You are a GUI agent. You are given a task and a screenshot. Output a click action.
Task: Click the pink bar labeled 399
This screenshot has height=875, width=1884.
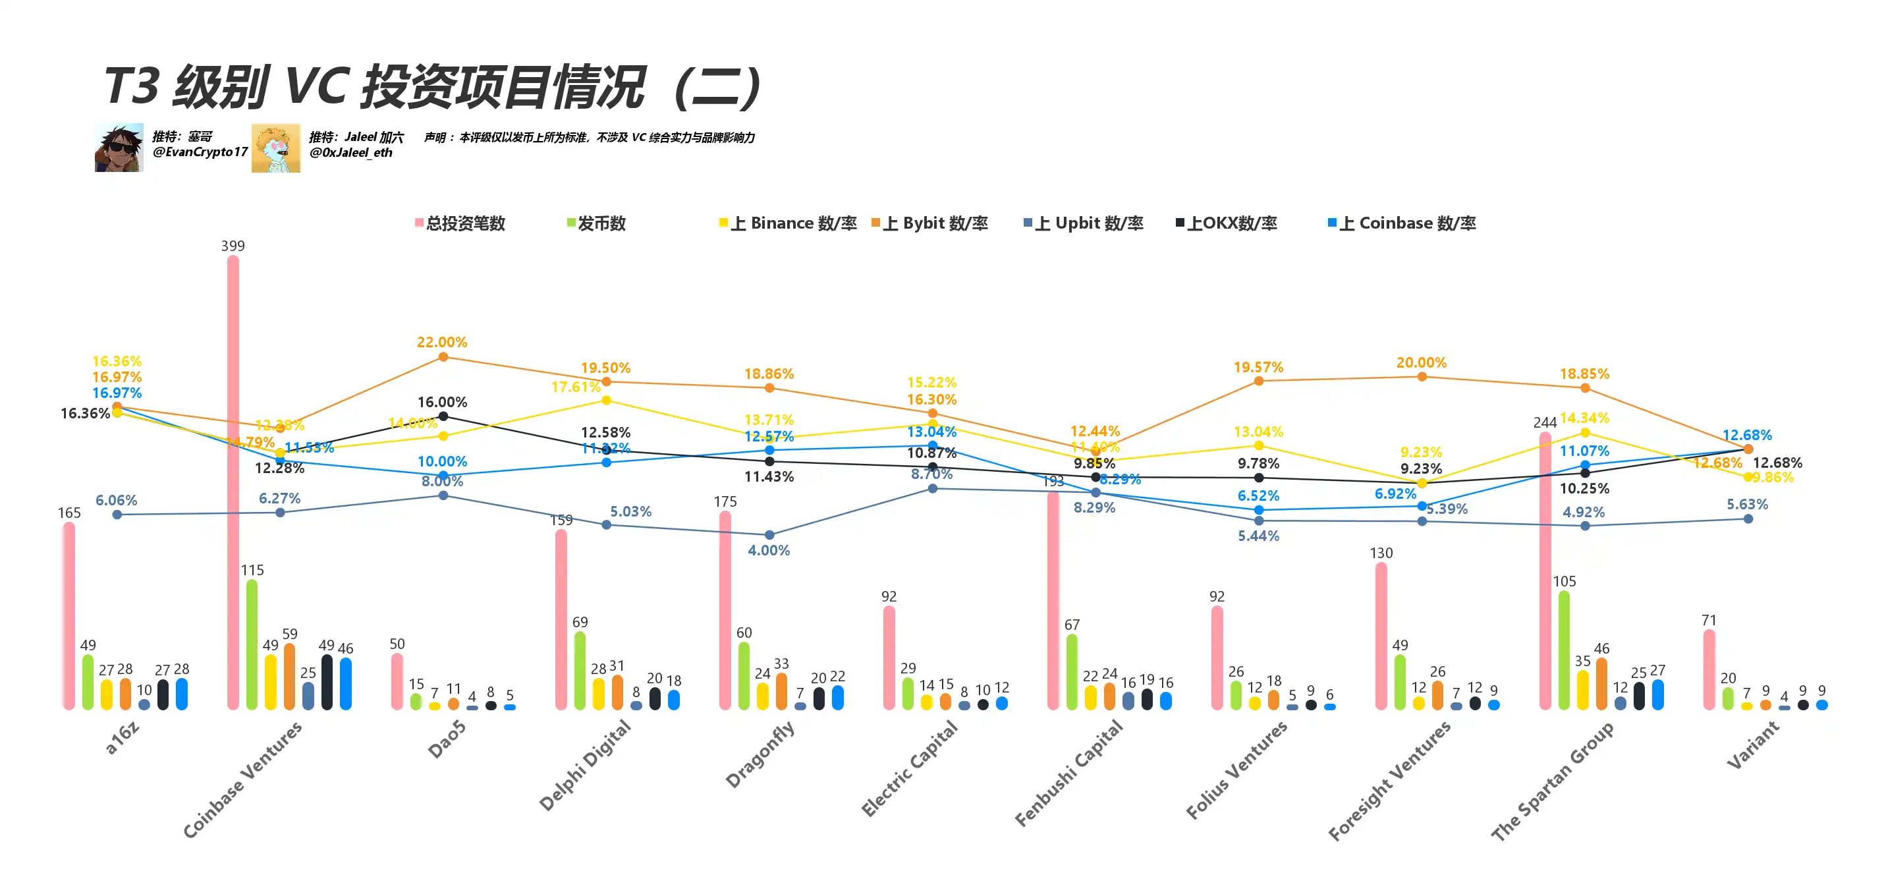point(233,483)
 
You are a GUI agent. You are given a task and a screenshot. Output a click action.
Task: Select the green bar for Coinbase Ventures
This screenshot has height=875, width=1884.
point(252,644)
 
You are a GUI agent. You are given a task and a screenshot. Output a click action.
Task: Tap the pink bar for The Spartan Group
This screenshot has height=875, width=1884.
point(1545,571)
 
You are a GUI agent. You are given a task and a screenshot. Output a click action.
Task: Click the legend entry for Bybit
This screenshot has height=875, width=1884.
point(929,223)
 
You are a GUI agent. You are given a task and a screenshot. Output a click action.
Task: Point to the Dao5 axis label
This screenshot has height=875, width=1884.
point(446,738)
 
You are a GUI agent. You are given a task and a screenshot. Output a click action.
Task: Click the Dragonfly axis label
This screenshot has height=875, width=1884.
point(760,754)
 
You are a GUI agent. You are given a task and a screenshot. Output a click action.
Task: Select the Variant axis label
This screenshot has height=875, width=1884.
point(1753,745)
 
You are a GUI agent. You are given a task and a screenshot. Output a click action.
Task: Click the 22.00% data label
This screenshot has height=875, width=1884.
point(442,342)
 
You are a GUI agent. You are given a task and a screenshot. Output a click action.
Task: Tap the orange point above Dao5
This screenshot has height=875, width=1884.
point(443,357)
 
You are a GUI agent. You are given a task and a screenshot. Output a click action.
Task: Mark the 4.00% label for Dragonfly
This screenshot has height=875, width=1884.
point(769,550)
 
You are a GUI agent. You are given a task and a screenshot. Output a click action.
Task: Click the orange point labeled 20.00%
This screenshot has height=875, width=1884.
point(1422,377)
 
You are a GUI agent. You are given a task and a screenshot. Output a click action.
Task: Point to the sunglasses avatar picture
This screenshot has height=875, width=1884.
point(119,148)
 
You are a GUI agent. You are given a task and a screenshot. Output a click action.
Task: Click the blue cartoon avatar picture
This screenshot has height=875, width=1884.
point(276,148)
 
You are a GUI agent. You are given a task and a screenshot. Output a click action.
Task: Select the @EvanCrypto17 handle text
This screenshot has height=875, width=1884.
point(200,152)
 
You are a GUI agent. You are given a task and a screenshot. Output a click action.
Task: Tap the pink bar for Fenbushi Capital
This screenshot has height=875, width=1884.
point(1053,600)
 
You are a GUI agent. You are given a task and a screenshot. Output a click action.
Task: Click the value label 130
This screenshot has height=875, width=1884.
point(1381,553)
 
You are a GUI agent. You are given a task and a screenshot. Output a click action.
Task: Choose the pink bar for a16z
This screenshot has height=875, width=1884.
point(69,615)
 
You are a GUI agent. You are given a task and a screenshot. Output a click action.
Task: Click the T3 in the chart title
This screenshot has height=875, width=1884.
point(132,86)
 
